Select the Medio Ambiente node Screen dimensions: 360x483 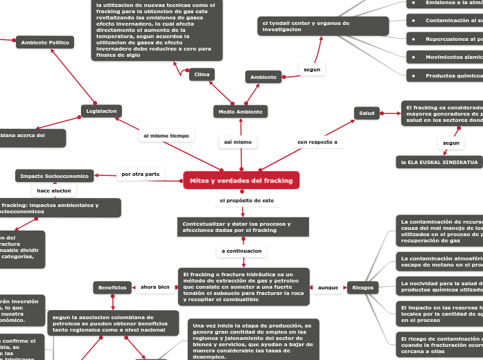[240, 111]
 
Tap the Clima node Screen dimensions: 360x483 [202, 74]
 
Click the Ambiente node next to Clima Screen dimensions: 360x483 [263, 77]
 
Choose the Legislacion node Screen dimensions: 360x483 [101, 111]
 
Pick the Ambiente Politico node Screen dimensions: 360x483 [45, 43]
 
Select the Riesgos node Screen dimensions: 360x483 [362, 287]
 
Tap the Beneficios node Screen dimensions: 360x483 [112, 287]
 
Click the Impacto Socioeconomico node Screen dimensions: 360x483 [55, 176]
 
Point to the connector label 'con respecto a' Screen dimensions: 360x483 [317, 142]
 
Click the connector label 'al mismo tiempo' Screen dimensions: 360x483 [166, 136]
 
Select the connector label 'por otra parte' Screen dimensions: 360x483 [141, 174]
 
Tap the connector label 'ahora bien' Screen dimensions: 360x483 [155, 287]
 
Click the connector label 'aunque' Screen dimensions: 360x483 [327, 287]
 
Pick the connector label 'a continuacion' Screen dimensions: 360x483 [242, 251]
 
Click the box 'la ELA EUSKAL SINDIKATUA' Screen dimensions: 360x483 [439, 162]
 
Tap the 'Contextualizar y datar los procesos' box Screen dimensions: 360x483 [242, 227]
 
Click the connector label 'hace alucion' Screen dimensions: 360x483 [54, 190]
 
